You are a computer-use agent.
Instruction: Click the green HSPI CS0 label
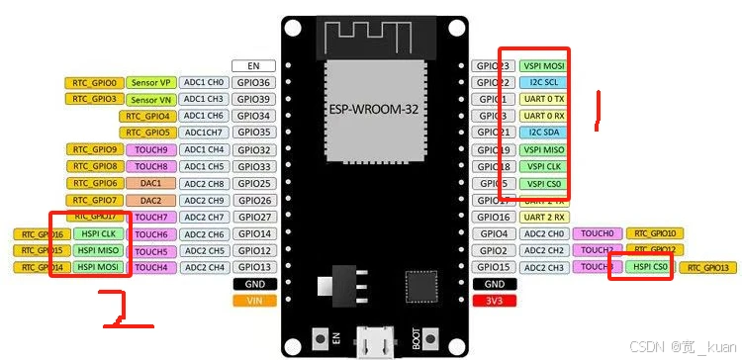click(x=640, y=267)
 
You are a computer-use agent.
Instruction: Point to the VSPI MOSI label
click(x=543, y=66)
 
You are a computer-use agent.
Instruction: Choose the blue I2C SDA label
click(x=543, y=133)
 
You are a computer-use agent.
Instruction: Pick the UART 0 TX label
click(x=543, y=100)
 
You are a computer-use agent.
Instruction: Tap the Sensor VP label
click(x=150, y=83)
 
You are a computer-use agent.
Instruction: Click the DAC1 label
click(x=150, y=183)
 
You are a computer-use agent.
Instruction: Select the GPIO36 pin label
click(x=253, y=83)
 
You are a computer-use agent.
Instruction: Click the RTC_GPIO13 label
click(x=708, y=268)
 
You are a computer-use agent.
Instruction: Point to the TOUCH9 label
click(x=150, y=149)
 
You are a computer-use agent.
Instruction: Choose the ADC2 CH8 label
click(x=204, y=183)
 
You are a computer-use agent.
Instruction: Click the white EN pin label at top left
click(x=253, y=66)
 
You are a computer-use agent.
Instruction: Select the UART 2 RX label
click(x=543, y=217)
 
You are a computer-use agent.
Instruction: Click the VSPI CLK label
click(x=543, y=166)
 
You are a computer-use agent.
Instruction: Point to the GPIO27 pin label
click(x=253, y=217)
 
